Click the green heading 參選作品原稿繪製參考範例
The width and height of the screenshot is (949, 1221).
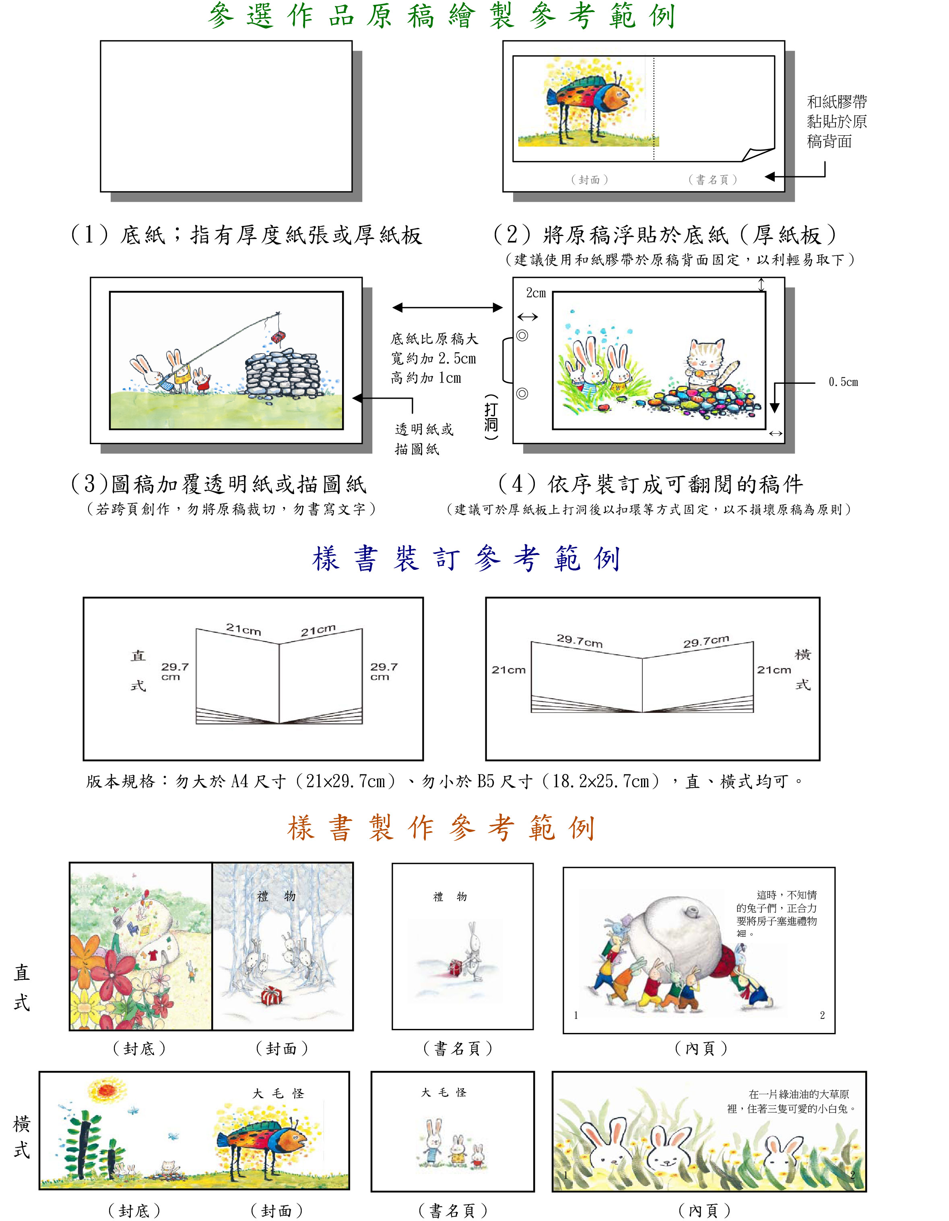pos(441,16)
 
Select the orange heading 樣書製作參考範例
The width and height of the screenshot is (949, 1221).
pos(441,828)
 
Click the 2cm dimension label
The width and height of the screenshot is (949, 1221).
pos(536,293)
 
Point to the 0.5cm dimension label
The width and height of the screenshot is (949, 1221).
pos(843,383)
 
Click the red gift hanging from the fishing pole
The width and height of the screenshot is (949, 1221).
pos(278,337)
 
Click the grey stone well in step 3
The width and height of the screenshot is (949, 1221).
pos(282,373)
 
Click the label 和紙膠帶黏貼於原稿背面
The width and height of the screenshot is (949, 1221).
pos(836,121)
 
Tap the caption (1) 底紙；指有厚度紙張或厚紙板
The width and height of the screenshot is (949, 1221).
pos(246,235)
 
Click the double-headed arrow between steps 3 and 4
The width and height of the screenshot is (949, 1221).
pos(447,308)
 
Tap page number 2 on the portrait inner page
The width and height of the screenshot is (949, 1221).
pos(822,1015)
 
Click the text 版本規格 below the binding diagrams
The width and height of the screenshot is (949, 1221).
pos(120,782)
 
